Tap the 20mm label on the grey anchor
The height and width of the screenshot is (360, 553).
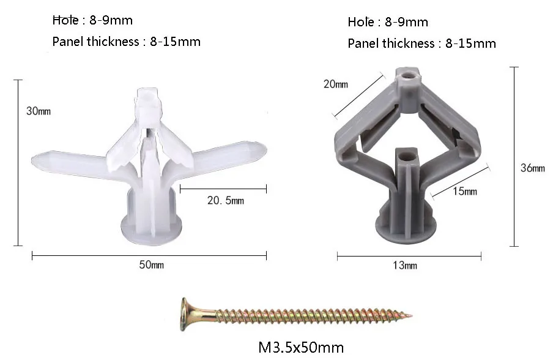[x=335, y=84]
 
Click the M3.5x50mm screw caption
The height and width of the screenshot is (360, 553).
[x=302, y=347]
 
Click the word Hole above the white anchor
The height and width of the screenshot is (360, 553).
[x=65, y=21]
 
